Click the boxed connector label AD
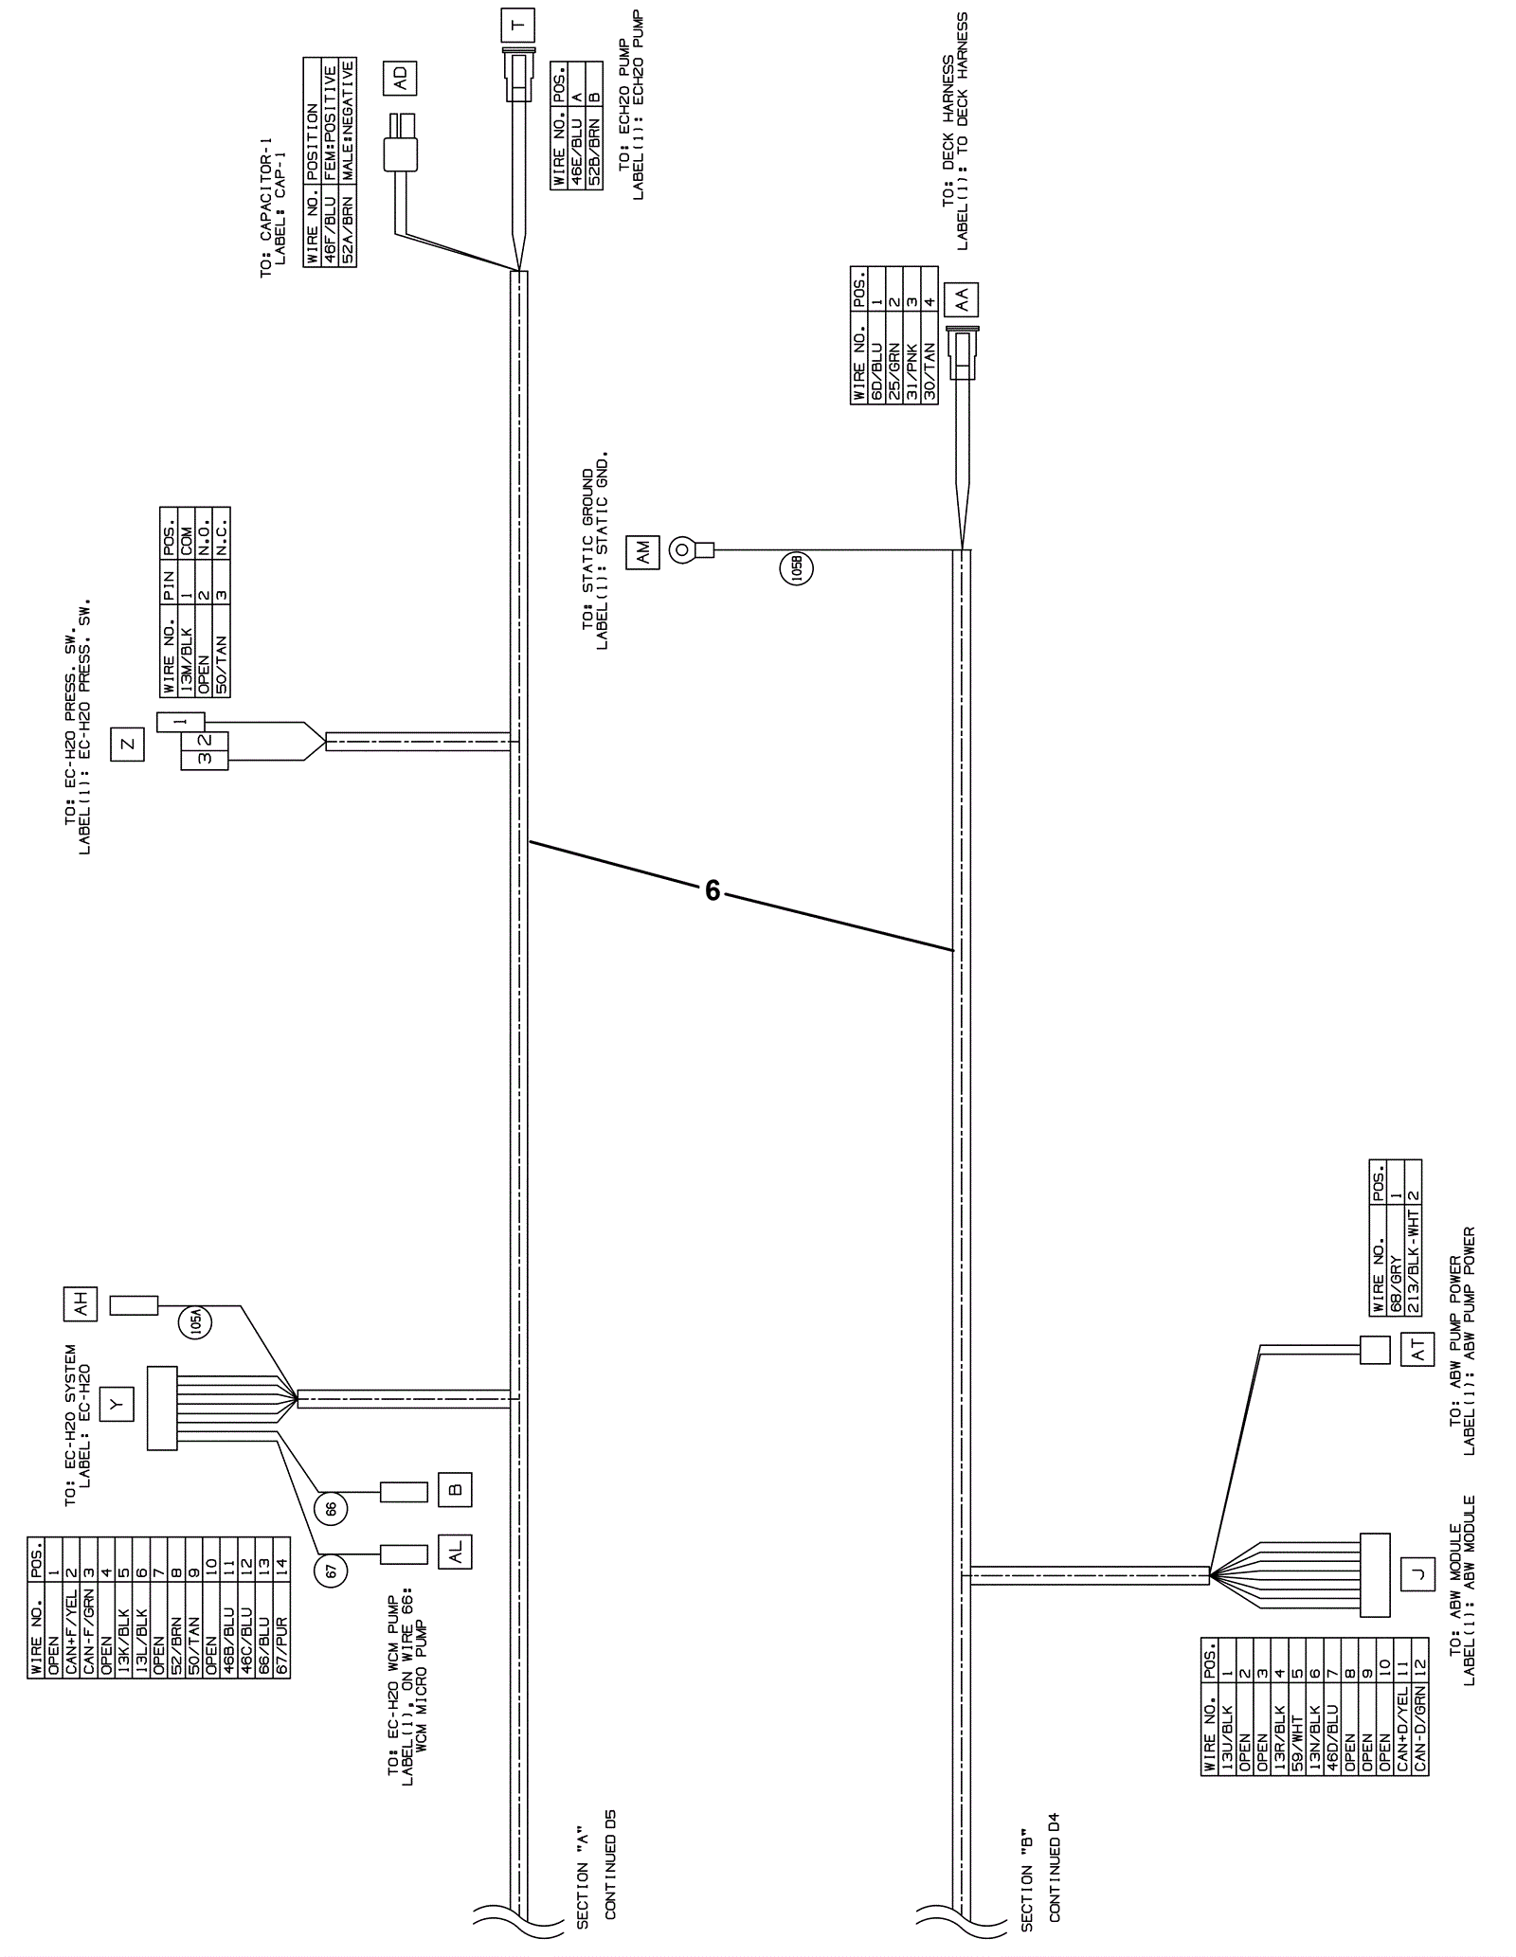[x=400, y=79]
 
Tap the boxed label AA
[x=962, y=299]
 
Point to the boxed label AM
[x=643, y=551]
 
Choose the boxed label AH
[x=81, y=1304]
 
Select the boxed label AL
[x=455, y=1551]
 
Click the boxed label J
[x=1417, y=1574]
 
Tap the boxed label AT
[x=1417, y=1351]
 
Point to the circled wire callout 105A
[x=195, y=1320]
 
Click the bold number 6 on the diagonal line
[x=713, y=890]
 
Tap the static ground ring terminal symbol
[x=683, y=549]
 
